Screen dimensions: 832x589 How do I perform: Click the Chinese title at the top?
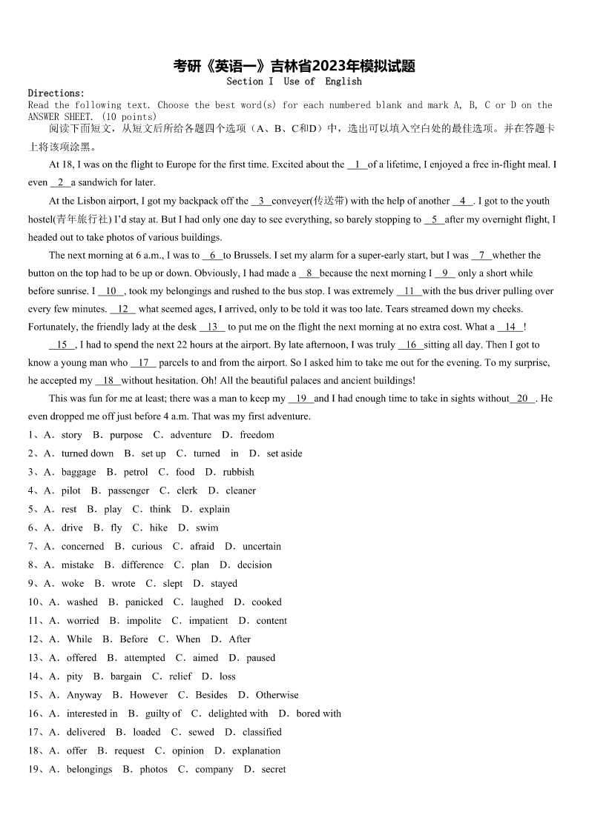coord(294,66)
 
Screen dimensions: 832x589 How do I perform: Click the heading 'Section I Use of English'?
coord(294,81)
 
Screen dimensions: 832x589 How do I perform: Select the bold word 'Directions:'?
coord(56,93)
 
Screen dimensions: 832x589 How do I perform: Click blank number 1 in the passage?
coord(357,164)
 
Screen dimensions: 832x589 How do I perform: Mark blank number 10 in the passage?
coord(111,291)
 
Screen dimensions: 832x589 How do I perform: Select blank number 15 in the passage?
coord(62,345)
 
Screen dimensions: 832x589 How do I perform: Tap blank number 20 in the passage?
coord(522,399)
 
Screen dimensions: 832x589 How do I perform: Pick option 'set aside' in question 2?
coord(284,453)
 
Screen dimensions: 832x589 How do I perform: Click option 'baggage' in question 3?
coord(79,472)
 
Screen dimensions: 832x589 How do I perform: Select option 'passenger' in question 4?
coord(128,490)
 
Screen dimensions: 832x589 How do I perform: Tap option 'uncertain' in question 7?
coord(262,546)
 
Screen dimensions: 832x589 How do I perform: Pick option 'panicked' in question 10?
coord(144,602)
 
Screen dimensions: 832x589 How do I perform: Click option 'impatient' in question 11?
coord(208,621)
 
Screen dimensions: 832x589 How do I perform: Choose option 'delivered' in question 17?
coord(86,732)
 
